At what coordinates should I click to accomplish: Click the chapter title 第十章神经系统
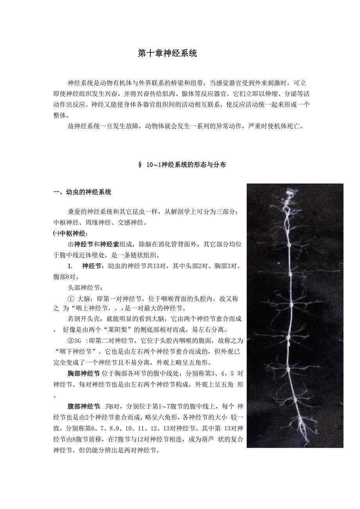(167, 54)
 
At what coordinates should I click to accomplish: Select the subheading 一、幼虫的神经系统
(82, 192)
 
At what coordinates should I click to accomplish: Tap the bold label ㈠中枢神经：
(70, 234)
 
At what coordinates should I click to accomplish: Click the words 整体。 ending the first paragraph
(61, 116)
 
